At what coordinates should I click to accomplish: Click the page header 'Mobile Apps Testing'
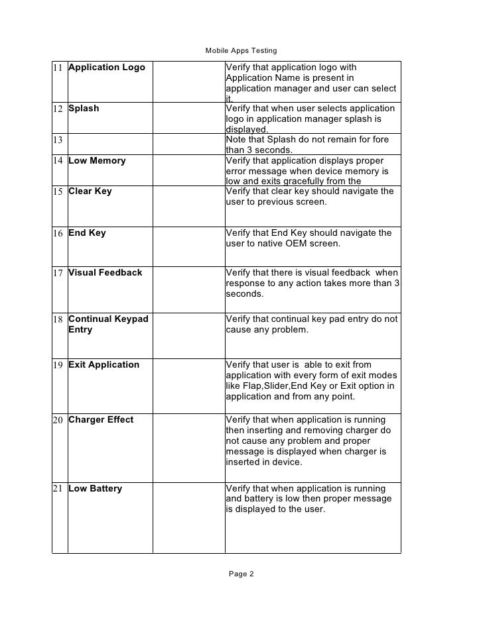click(x=241, y=50)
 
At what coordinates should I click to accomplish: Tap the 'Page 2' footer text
click(x=241, y=574)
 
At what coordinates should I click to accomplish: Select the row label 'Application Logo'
click(x=107, y=68)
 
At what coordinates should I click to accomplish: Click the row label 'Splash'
click(x=84, y=109)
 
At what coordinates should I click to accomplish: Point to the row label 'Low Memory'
click(x=97, y=160)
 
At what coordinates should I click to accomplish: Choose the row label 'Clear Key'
click(x=90, y=191)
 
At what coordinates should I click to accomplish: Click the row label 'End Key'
click(x=87, y=233)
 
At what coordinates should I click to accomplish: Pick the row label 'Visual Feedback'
click(x=105, y=273)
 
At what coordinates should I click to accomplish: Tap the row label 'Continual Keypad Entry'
click(x=108, y=324)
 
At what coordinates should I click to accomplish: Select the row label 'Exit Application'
click(x=103, y=365)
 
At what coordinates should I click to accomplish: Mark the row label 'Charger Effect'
click(x=101, y=420)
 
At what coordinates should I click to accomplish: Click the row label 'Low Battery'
click(x=96, y=489)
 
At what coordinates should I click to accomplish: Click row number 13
click(x=59, y=140)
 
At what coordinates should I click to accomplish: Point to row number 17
click(x=59, y=273)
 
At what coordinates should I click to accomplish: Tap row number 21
click(x=59, y=489)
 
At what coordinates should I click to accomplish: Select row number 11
click(x=59, y=68)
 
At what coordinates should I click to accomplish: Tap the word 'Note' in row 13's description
click(x=237, y=140)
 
